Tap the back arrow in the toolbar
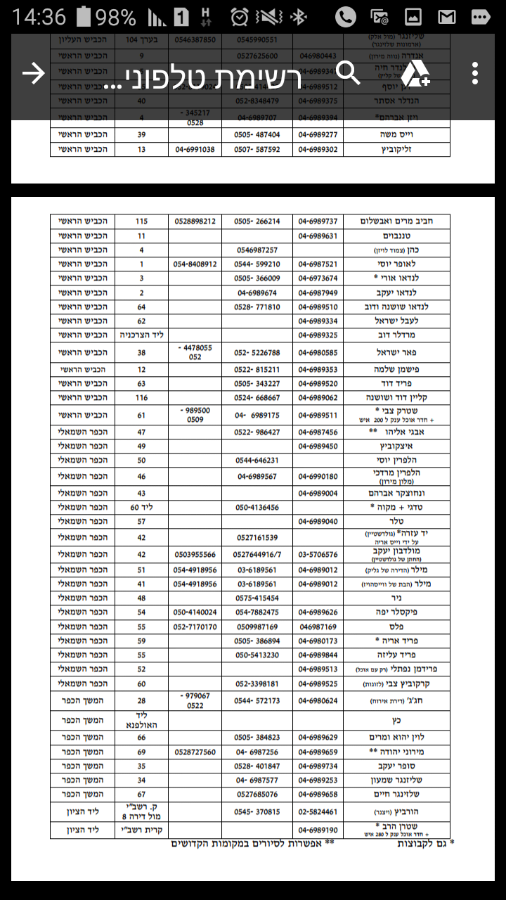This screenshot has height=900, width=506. point(33,74)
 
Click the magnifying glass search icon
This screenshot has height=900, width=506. point(348,72)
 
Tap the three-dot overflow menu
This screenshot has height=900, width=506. point(476,73)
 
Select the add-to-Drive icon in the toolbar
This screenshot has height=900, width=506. point(416,74)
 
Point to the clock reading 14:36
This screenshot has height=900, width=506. point(39,17)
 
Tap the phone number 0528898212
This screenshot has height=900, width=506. point(195,221)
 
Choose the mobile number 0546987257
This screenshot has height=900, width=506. point(257,250)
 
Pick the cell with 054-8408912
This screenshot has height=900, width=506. point(195,264)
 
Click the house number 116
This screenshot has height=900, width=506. point(141,398)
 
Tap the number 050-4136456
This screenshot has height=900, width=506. point(257,507)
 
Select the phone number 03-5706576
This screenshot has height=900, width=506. point(318,555)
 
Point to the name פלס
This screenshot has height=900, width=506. point(397,626)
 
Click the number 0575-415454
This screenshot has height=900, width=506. point(257,598)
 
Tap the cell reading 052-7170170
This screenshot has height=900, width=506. point(195,626)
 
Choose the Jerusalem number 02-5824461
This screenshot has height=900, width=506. point(318,811)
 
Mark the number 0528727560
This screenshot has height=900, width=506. point(195,752)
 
